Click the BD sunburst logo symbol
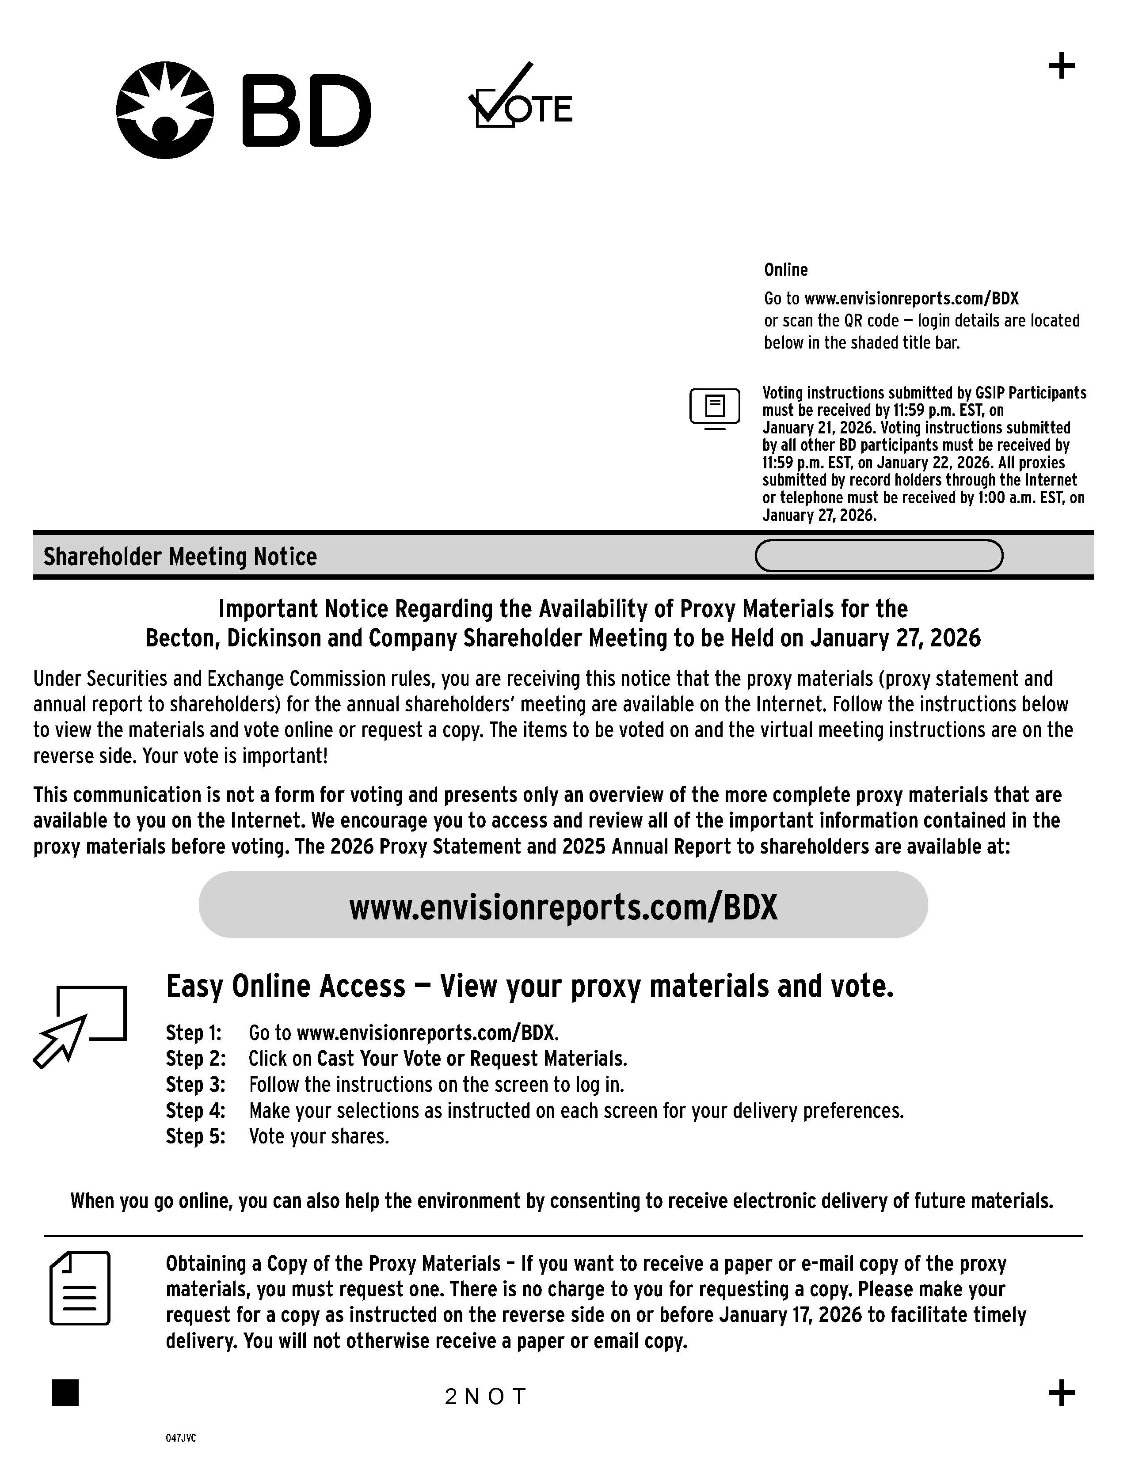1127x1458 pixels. [165, 110]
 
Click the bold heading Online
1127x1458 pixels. [785, 270]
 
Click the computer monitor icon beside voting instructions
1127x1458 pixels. [714, 407]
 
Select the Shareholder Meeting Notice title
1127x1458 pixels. [180, 557]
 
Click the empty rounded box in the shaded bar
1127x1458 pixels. [878, 555]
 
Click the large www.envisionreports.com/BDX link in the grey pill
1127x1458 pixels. [563, 907]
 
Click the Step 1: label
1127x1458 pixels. [194, 1033]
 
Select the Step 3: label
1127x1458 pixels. [195, 1085]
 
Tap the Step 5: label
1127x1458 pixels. [195, 1136]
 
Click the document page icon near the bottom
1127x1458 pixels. [80, 1288]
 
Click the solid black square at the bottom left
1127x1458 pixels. [65, 1393]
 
